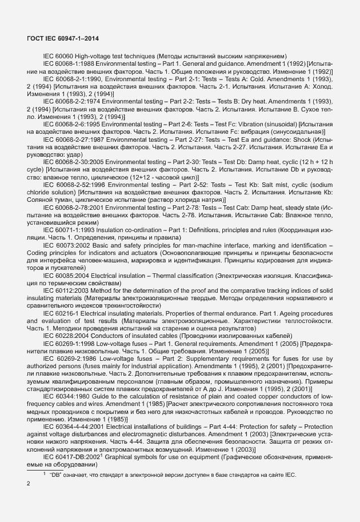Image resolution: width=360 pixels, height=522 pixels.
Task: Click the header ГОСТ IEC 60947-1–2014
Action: (64, 38)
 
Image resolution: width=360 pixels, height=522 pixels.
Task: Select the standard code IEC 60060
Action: (59, 56)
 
